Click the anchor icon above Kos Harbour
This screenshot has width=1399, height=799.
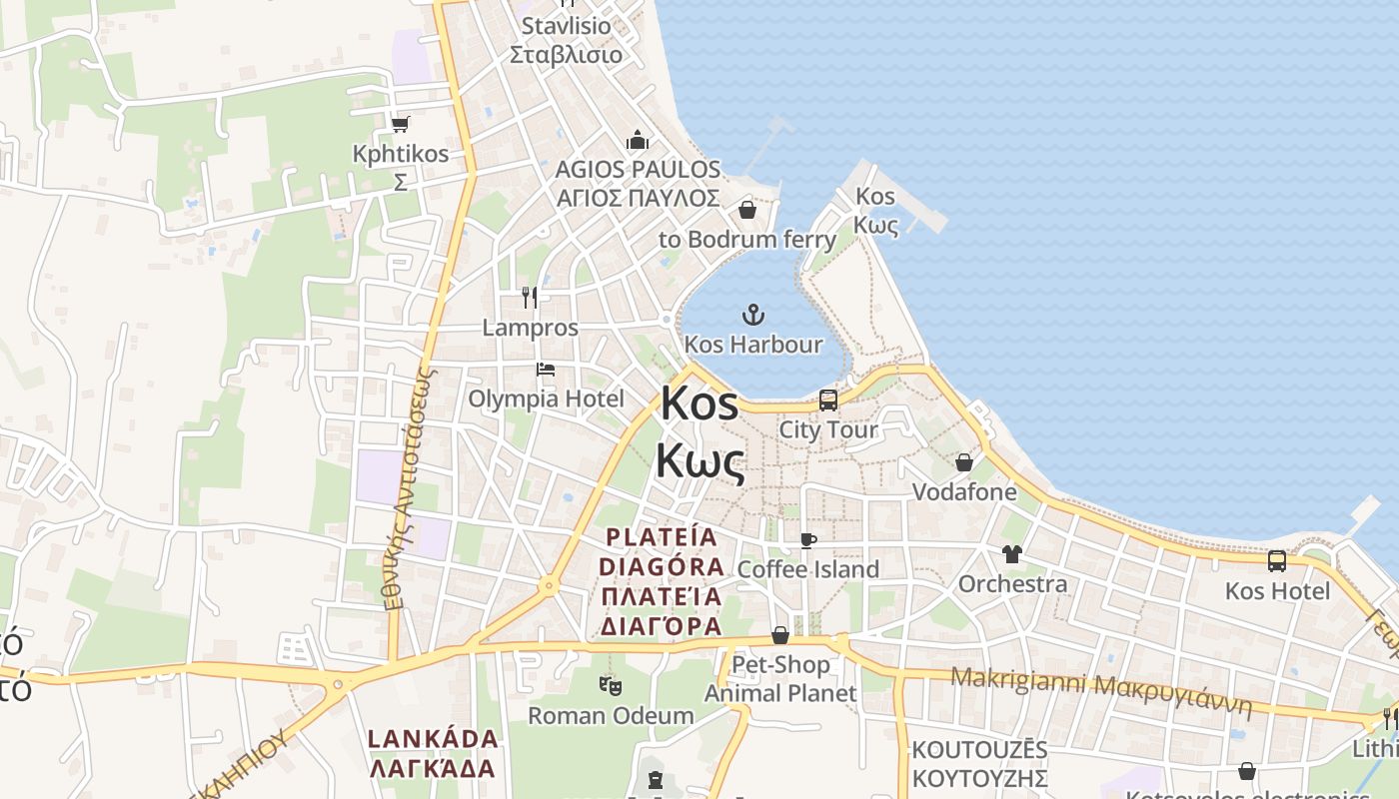point(752,316)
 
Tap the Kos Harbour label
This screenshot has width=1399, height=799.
point(753,345)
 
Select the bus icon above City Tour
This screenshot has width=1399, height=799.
point(828,400)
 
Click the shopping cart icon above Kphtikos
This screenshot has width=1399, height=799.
point(401,125)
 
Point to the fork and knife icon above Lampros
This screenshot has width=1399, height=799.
point(530,297)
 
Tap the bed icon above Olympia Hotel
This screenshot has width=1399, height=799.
point(546,370)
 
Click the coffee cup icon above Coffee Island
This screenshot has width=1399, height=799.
point(808,541)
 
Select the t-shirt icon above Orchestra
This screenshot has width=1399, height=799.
point(1012,554)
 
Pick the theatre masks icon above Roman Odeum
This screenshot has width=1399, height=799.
point(611,685)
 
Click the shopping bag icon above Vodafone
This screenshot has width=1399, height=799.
point(964,462)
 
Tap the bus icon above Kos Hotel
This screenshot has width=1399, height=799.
point(1277,561)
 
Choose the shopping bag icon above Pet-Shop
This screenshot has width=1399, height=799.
point(780,636)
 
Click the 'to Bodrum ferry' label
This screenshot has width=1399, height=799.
point(746,240)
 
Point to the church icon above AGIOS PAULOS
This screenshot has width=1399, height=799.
point(638,140)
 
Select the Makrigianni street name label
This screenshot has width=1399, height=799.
point(1100,689)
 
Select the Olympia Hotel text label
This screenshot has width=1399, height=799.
point(547,399)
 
